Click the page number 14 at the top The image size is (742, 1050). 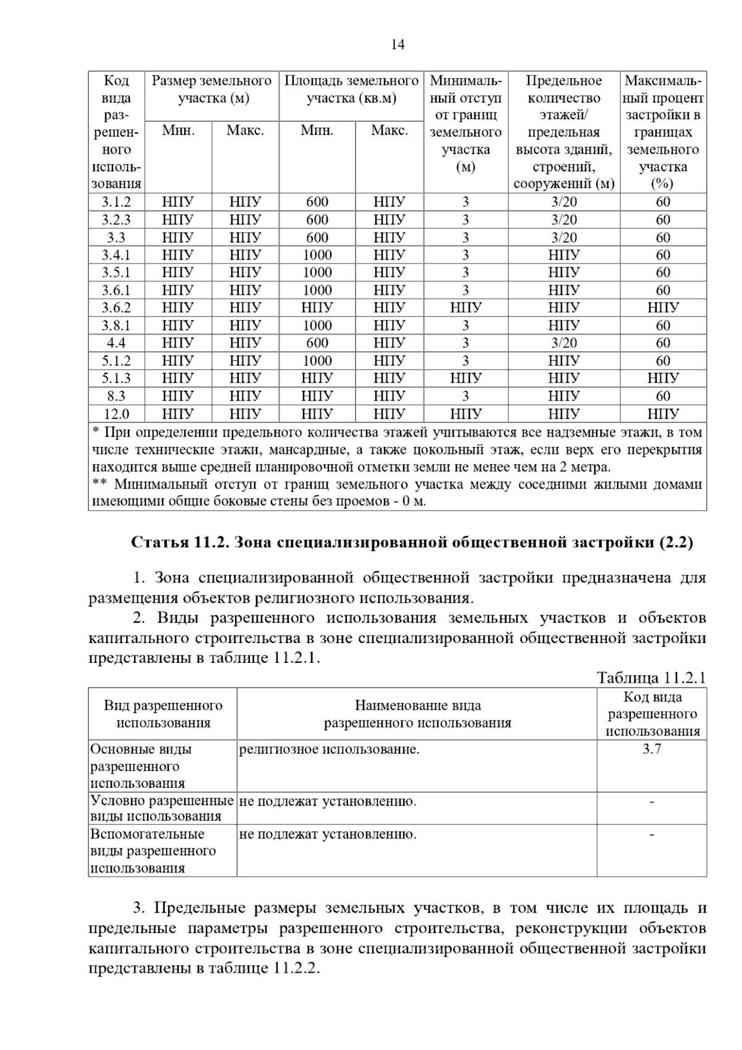[x=398, y=45]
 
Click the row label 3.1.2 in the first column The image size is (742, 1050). [x=116, y=202]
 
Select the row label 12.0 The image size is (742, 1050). [x=116, y=414]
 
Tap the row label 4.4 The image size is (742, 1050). [x=116, y=343]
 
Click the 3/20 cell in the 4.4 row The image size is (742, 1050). [x=564, y=343]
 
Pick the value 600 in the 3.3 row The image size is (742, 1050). [x=317, y=237]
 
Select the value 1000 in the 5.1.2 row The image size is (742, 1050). [x=317, y=361]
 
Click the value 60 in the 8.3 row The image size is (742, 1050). [x=663, y=396]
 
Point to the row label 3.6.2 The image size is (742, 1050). [x=116, y=307]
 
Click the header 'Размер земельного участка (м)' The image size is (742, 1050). [x=211, y=90]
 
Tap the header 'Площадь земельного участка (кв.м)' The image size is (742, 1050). [x=351, y=90]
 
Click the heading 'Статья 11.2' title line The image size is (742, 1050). [x=412, y=543]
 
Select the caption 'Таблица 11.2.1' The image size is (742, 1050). [x=651, y=678]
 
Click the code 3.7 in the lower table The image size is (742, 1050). [x=652, y=749]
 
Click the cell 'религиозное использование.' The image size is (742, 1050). [x=329, y=750]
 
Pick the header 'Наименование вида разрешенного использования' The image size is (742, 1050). [x=417, y=714]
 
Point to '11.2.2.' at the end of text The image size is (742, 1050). [x=294, y=968]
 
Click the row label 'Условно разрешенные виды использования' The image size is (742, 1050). [x=162, y=808]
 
